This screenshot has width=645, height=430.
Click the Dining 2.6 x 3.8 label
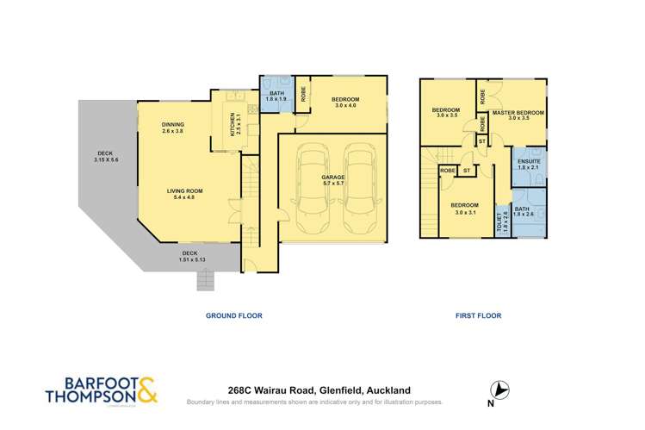(172, 128)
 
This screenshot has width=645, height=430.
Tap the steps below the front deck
(206, 279)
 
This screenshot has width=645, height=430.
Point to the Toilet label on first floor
(502, 221)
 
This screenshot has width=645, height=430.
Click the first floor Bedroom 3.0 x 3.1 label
(464, 208)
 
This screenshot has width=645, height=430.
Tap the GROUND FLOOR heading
(233, 316)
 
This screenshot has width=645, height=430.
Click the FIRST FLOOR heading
(478, 316)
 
